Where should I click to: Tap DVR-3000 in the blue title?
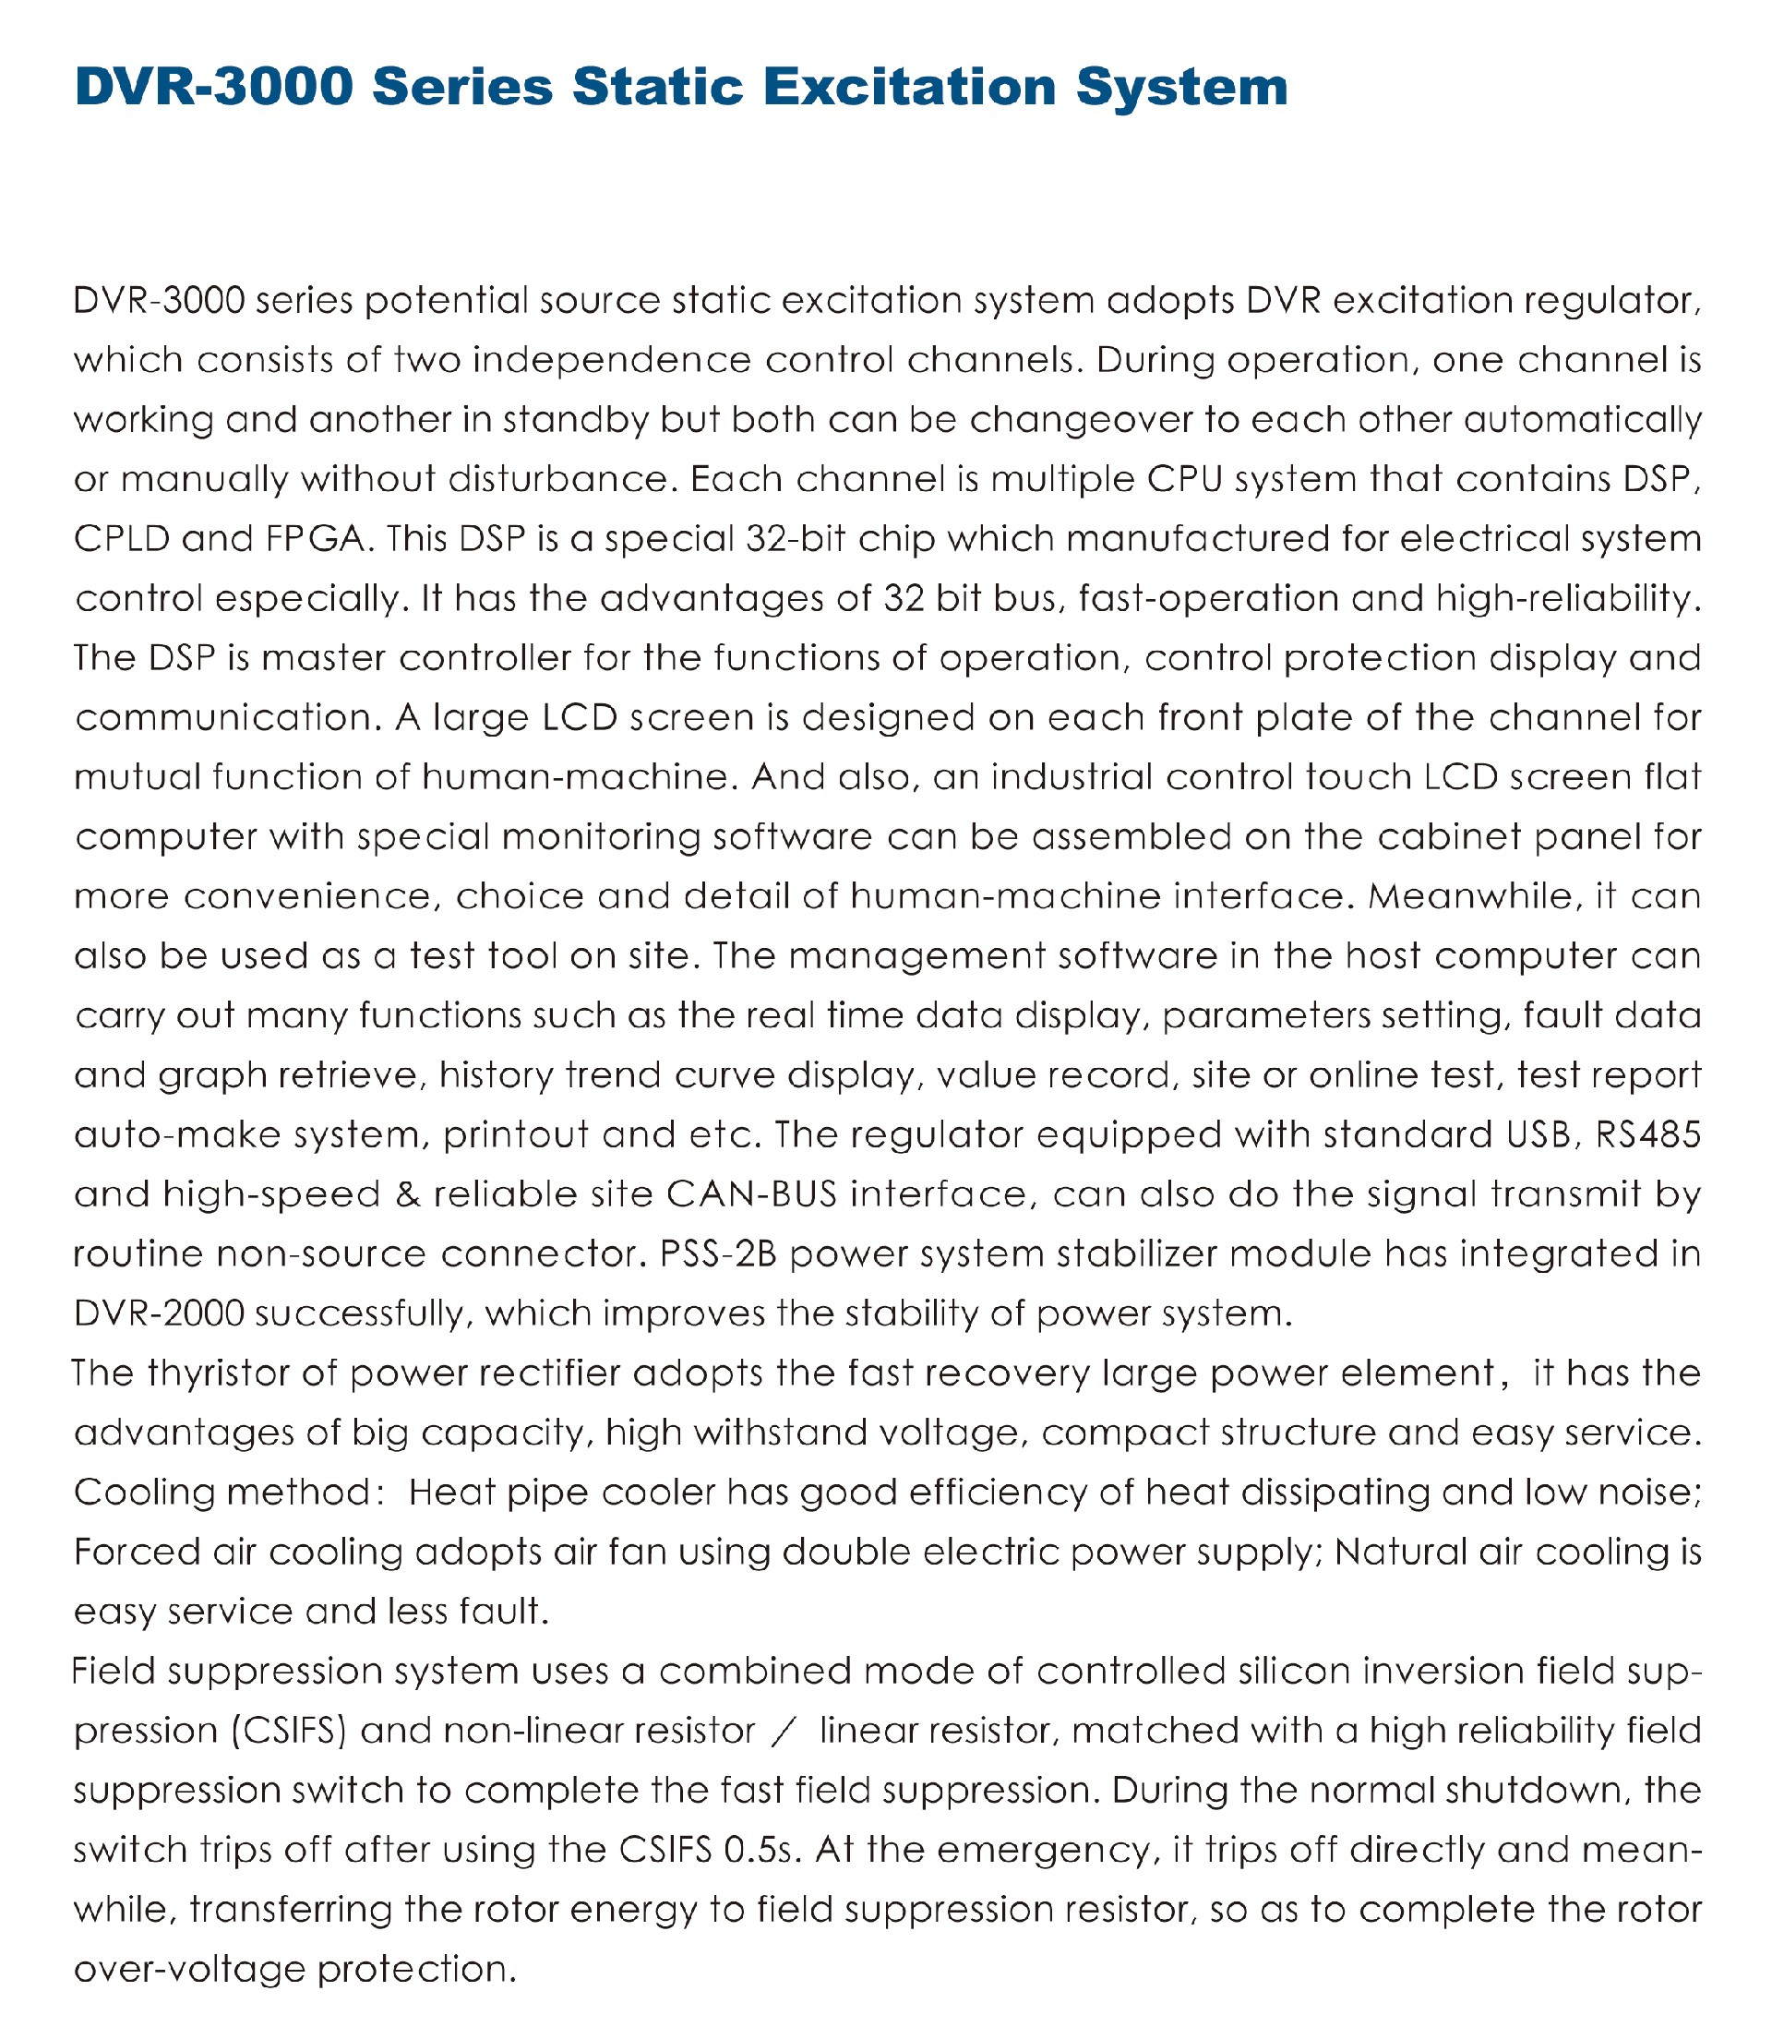click(213, 87)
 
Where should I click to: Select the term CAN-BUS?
click(751, 1194)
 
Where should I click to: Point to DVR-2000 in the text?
click(159, 1313)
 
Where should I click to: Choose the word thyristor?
click(217, 1373)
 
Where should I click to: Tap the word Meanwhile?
click(1475, 896)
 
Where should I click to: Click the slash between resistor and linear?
click(787, 1731)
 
